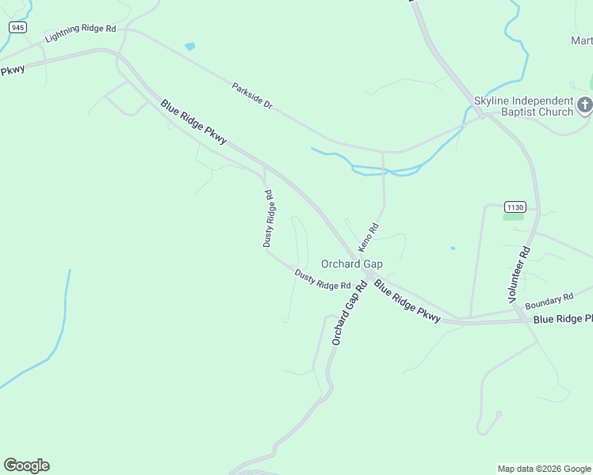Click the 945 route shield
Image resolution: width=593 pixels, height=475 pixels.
click(x=18, y=28)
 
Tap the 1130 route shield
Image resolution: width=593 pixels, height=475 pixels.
click(x=515, y=207)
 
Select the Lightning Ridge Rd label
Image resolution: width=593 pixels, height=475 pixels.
click(x=81, y=33)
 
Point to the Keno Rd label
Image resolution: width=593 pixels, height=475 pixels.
click(x=369, y=237)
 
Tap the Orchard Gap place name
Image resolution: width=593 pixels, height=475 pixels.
click(x=351, y=264)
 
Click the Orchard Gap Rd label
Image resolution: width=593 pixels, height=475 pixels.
click(x=349, y=313)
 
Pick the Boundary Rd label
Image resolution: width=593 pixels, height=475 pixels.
click(x=549, y=301)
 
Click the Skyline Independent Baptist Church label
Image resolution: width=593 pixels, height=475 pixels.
click(x=523, y=106)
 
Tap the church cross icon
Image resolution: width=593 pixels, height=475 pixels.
click(x=584, y=106)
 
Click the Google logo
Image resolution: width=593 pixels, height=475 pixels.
click(x=26, y=465)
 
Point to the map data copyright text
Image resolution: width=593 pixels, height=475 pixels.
click(x=545, y=469)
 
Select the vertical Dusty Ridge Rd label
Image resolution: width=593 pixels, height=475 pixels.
click(x=269, y=218)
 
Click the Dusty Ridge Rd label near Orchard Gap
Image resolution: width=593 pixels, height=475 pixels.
click(x=323, y=279)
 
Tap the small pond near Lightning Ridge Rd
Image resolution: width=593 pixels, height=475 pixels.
click(x=189, y=47)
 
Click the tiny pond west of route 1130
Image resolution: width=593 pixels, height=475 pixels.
click(x=453, y=249)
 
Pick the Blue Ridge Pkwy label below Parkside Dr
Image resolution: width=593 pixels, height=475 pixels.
click(x=193, y=122)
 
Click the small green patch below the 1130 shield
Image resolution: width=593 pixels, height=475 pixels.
click(x=513, y=216)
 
